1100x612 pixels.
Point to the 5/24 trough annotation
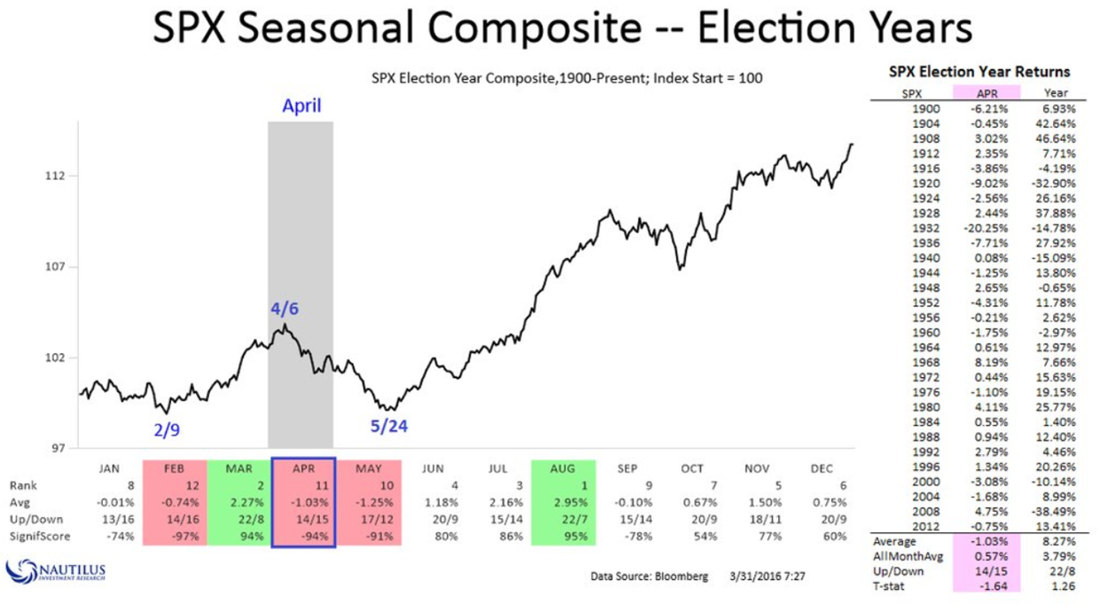click(389, 427)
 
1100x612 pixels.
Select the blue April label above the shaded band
click(302, 106)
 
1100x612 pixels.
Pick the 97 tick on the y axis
click(58, 449)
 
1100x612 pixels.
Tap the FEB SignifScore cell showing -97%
click(175, 536)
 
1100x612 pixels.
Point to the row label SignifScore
click(39, 536)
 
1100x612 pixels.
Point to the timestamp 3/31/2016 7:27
click(766, 577)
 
